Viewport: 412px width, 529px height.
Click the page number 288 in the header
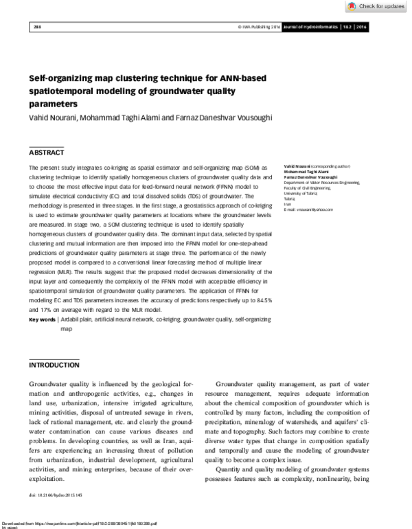pos(37,27)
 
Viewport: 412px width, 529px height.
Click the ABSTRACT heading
pos(47,151)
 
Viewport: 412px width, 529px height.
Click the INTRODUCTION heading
pos(54,365)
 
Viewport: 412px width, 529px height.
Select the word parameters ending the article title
pos(53,104)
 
